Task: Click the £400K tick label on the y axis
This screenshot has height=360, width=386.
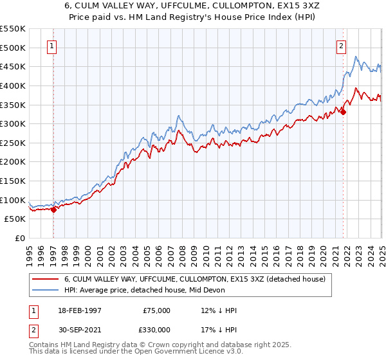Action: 13,85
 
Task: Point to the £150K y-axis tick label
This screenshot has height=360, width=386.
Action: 13,181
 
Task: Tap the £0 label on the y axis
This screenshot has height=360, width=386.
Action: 20,239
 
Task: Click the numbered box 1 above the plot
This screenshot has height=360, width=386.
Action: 51,46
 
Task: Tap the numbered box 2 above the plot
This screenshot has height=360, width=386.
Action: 340,46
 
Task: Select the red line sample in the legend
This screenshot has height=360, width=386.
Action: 45,279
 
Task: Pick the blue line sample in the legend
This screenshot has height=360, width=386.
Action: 45,290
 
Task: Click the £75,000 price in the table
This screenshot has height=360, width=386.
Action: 157,310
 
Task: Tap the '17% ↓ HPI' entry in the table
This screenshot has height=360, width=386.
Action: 219,329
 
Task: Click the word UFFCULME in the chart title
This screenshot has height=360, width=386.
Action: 153,5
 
